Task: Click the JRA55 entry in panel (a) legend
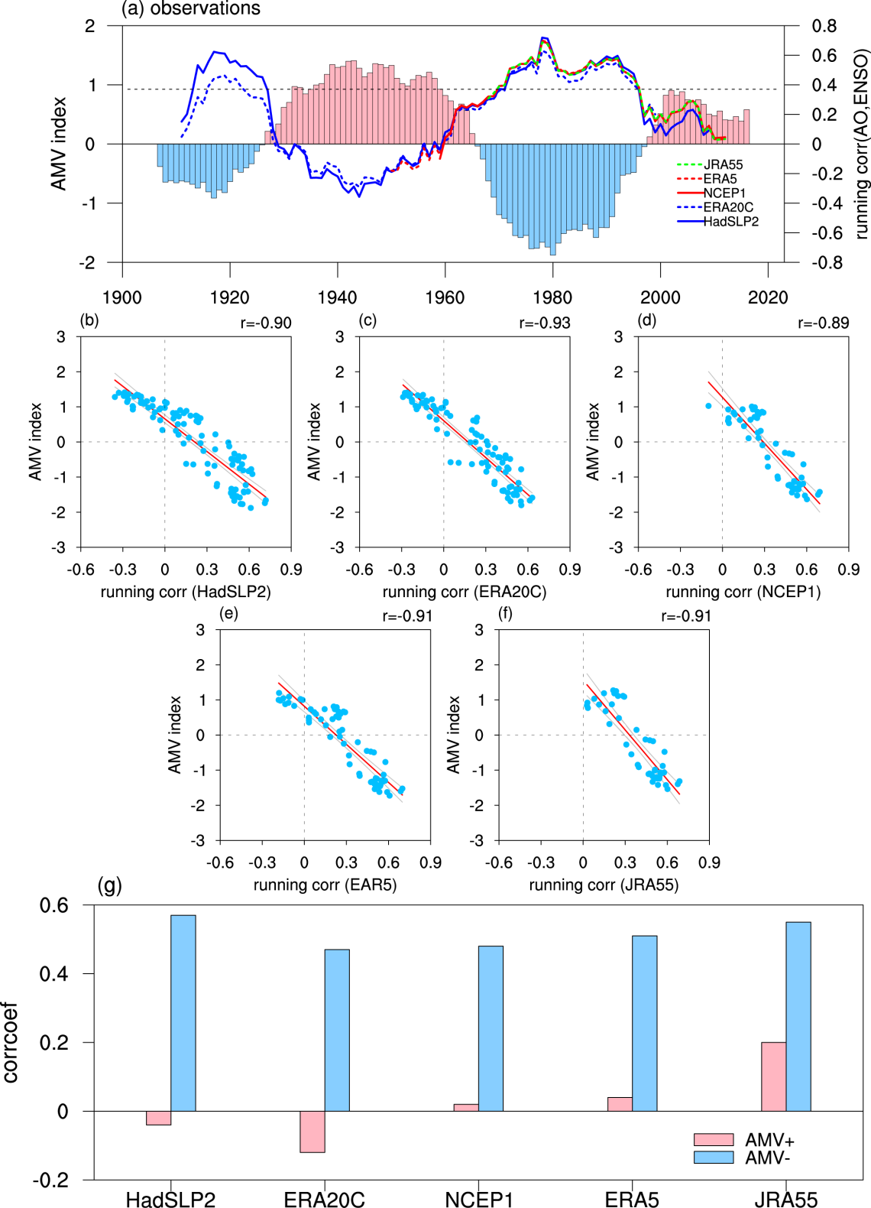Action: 723,164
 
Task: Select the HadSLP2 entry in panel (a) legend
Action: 730,222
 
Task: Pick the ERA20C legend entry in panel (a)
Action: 728,207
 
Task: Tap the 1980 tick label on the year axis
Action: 552,297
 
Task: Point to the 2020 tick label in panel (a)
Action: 767,297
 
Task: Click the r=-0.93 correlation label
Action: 545,323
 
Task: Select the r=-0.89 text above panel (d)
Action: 824,323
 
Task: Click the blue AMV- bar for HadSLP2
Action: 183,1013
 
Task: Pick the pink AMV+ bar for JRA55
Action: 773,1076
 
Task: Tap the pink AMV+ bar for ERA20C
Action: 312,1132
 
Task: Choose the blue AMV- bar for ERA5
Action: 644,1023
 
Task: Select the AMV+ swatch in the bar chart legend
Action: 714,1140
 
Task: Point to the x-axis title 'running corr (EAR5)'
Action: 325,885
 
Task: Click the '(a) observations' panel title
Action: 191,8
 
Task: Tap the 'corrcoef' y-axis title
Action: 10,1042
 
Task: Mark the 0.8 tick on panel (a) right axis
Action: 824,26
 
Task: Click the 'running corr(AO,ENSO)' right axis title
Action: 862,145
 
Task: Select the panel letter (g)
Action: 110,885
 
